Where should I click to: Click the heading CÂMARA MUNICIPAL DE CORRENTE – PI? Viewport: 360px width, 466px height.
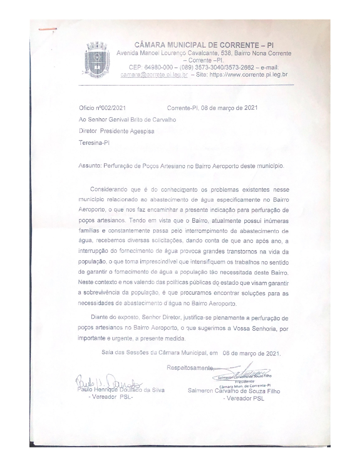tap(204, 45)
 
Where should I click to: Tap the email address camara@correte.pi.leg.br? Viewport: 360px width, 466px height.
tap(154, 75)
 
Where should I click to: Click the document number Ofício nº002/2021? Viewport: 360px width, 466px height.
tap(102, 108)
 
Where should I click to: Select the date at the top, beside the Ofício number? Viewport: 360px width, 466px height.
tap(212, 108)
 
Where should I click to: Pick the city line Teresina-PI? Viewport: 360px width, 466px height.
tap(94, 143)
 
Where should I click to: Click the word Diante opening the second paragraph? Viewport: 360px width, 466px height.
tap(99, 318)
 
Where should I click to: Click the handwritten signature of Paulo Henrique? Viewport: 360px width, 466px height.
tap(107, 382)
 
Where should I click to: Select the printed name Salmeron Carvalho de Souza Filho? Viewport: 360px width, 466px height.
tap(234, 391)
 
